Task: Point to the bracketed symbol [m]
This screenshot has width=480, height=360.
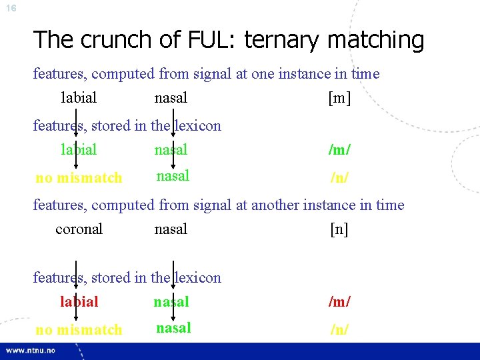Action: tap(339, 99)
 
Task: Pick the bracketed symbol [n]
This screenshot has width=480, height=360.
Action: tap(339, 229)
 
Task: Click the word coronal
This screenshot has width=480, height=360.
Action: tap(79, 229)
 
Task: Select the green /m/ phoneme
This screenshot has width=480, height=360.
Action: tap(339, 150)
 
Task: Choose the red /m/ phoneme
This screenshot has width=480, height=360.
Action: tap(339, 302)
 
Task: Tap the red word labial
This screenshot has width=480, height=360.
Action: tap(79, 302)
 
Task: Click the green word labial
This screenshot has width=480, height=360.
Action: tap(79, 150)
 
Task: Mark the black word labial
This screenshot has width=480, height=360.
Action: tap(79, 98)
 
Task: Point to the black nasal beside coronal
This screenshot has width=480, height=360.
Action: tap(171, 229)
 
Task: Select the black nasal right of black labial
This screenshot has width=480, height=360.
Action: tap(171, 98)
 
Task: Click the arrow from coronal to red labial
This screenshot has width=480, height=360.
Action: tap(75, 273)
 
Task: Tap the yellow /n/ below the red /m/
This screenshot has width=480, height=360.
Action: tap(339, 329)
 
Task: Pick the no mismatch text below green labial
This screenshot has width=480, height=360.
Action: tap(79, 178)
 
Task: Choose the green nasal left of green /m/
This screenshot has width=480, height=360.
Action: tap(171, 150)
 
